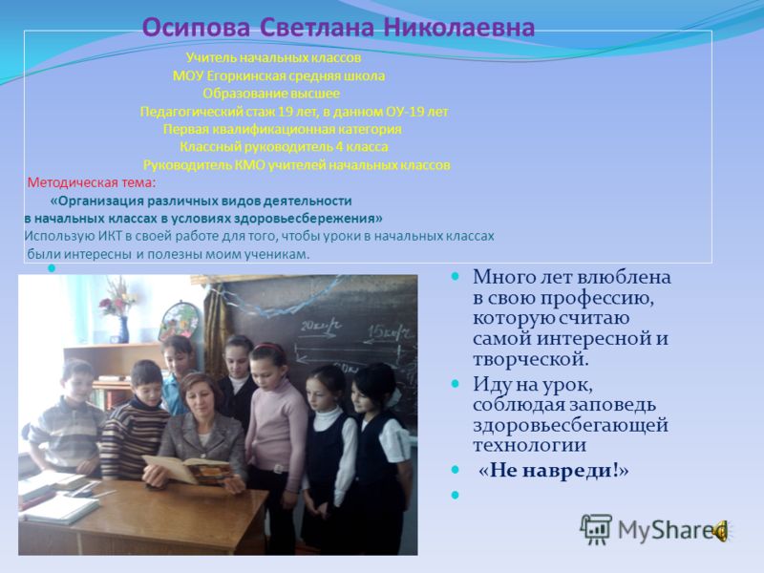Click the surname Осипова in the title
point(196,28)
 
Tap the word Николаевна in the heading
point(459,28)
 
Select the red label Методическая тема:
point(92,183)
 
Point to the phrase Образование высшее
point(271,94)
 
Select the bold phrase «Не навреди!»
point(554,471)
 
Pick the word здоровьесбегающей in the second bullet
point(570,425)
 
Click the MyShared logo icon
point(596,529)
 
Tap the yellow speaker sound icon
point(720,531)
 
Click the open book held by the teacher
point(187,469)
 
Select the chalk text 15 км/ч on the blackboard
point(390,332)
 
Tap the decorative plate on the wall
point(179,320)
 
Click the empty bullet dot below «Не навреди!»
point(456,495)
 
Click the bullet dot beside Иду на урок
point(456,384)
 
